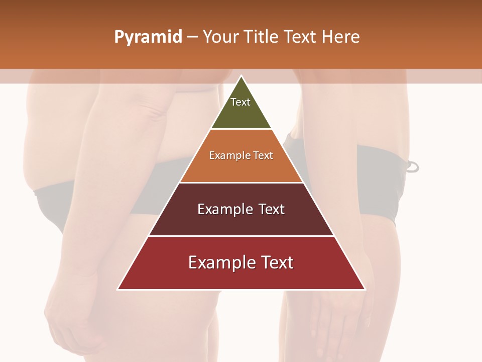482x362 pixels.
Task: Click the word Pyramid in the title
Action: click(x=148, y=37)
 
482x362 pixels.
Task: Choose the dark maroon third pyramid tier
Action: click(x=241, y=221)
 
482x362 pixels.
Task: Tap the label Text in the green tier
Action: click(x=240, y=102)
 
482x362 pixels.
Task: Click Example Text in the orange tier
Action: click(x=241, y=155)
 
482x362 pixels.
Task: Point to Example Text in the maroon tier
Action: click(x=241, y=209)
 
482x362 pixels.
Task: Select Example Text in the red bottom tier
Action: click(x=241, y=262)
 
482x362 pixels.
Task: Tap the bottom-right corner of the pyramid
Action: click(x=365, y=289)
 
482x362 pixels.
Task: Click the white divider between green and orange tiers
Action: click(x=241, y=129)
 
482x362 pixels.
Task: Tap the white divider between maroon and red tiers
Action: click(x=241, y=236)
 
